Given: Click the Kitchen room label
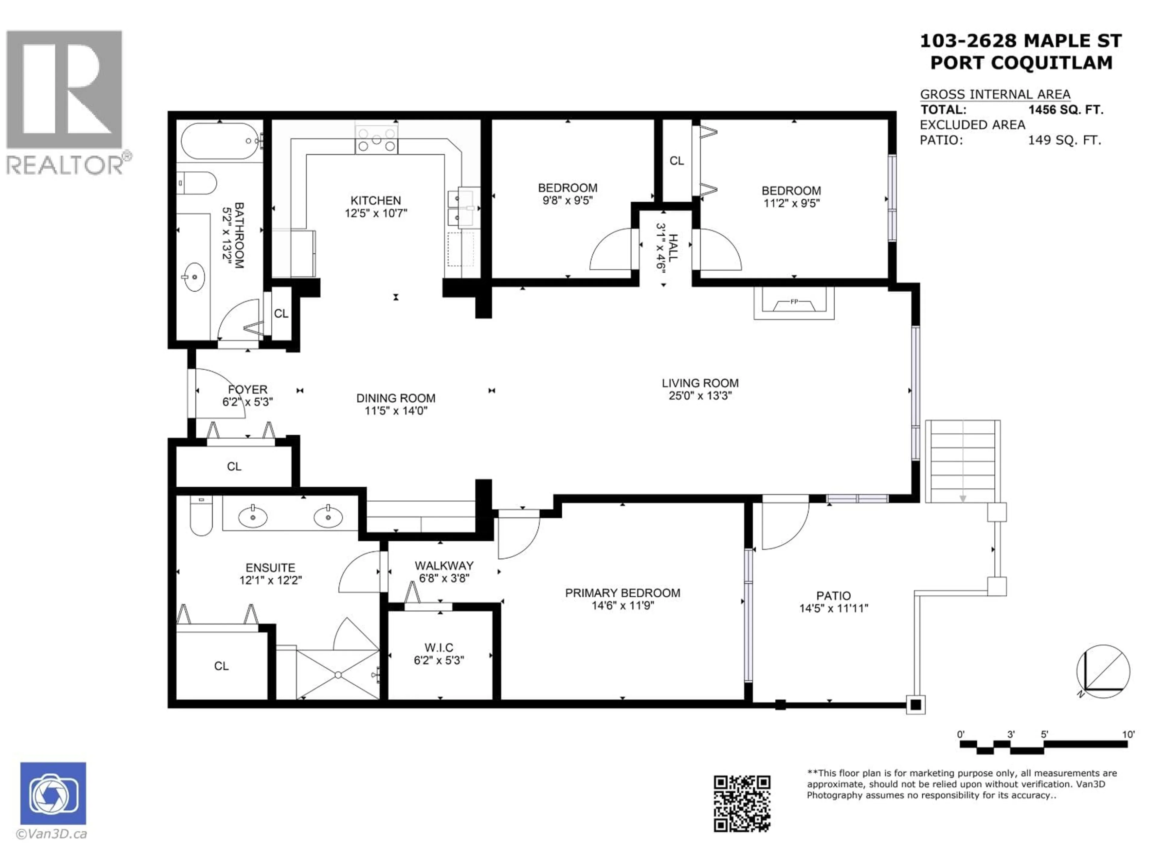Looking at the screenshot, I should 375,200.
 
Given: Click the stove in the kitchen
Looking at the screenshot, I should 376,140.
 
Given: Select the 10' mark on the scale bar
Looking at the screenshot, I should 1128,734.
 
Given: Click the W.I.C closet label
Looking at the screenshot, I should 439,648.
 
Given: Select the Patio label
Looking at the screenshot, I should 833,596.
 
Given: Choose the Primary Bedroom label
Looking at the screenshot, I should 622,593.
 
